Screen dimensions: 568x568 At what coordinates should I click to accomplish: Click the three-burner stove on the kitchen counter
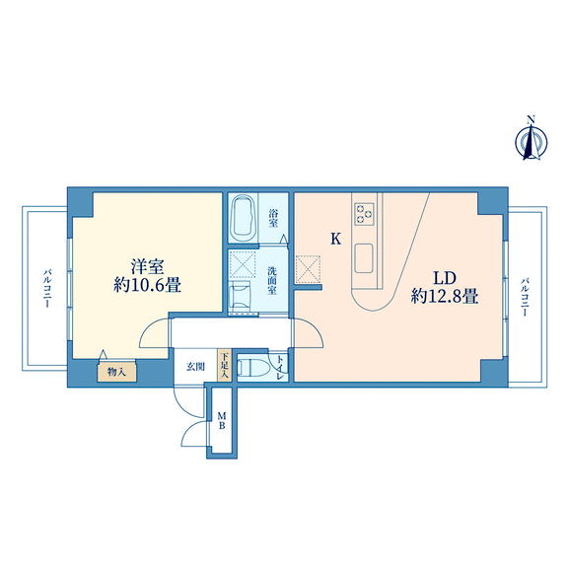click(364, 214)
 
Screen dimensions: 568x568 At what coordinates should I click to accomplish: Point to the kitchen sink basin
click(364, 258)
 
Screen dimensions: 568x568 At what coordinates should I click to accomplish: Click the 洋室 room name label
click(148, 266)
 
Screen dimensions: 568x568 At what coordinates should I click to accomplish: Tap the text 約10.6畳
click(148, 285)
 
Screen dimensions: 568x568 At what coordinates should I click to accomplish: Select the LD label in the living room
click(445, 278)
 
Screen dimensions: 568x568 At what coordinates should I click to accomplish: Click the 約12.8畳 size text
click(445, 297)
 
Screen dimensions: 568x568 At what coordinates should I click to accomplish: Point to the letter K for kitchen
click(336, 239)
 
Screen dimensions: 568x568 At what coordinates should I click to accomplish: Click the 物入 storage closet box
click(116, 372)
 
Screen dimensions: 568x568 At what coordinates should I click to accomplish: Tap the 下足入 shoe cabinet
click(224, 365)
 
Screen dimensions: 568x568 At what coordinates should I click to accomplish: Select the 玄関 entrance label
click(195, 367)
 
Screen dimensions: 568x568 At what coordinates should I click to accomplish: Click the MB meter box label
click(221, 420)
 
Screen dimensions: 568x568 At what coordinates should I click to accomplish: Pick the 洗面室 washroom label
click(272, 280)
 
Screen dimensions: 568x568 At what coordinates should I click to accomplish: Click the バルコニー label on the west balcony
click(47, 288)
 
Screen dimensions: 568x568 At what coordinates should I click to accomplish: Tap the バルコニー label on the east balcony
click(525, 298)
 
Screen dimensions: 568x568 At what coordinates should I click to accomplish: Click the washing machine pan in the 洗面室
click(243, 264)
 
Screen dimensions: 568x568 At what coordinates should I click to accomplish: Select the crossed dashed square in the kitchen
click(308, 269)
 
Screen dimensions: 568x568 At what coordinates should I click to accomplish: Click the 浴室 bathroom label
click(273, 218)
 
